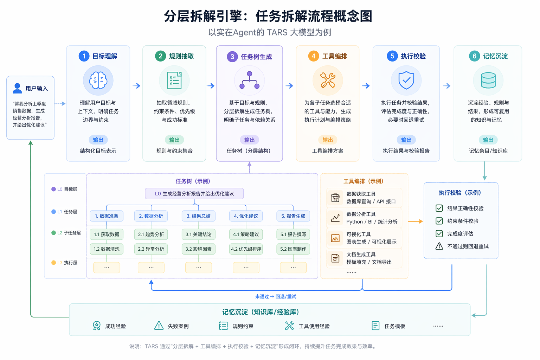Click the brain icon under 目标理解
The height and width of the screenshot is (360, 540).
click(x=98, y=80)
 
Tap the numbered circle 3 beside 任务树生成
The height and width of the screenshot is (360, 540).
click(x=232, y=57)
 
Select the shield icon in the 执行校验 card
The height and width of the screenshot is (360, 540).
click(x=406, y=80)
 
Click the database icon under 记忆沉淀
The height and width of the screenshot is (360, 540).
click(x=488, y=80)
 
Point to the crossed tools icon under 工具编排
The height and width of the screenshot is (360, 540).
click(x=328, y=80)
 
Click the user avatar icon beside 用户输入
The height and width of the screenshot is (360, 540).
click(x=17, y=88)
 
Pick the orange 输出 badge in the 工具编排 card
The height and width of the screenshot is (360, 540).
click(x=328, y=140)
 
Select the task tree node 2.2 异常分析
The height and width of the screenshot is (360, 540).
click(x=151, y=249)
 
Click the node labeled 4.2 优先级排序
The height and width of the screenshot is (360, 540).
click(x=246, y=249)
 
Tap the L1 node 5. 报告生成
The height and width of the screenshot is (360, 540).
click(x=293, y=216)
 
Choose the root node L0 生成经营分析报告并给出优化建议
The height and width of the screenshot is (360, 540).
click(x=194, y=194)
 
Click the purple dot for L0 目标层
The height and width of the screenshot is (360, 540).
click(x=53, y=189)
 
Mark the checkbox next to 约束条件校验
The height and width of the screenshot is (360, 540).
click(x=439, y=221)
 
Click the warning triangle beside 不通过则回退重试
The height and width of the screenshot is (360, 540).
click(x=439, y=246)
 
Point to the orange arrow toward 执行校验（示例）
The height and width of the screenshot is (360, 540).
click(x=415, y=221)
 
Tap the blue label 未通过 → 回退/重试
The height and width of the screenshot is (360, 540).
click(x=276, y=296)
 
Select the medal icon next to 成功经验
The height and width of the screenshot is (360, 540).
click(x=97, y=326)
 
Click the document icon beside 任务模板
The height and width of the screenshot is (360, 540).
click(x=375, y=326)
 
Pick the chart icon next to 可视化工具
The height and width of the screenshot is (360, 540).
click(x=335, y=238)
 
